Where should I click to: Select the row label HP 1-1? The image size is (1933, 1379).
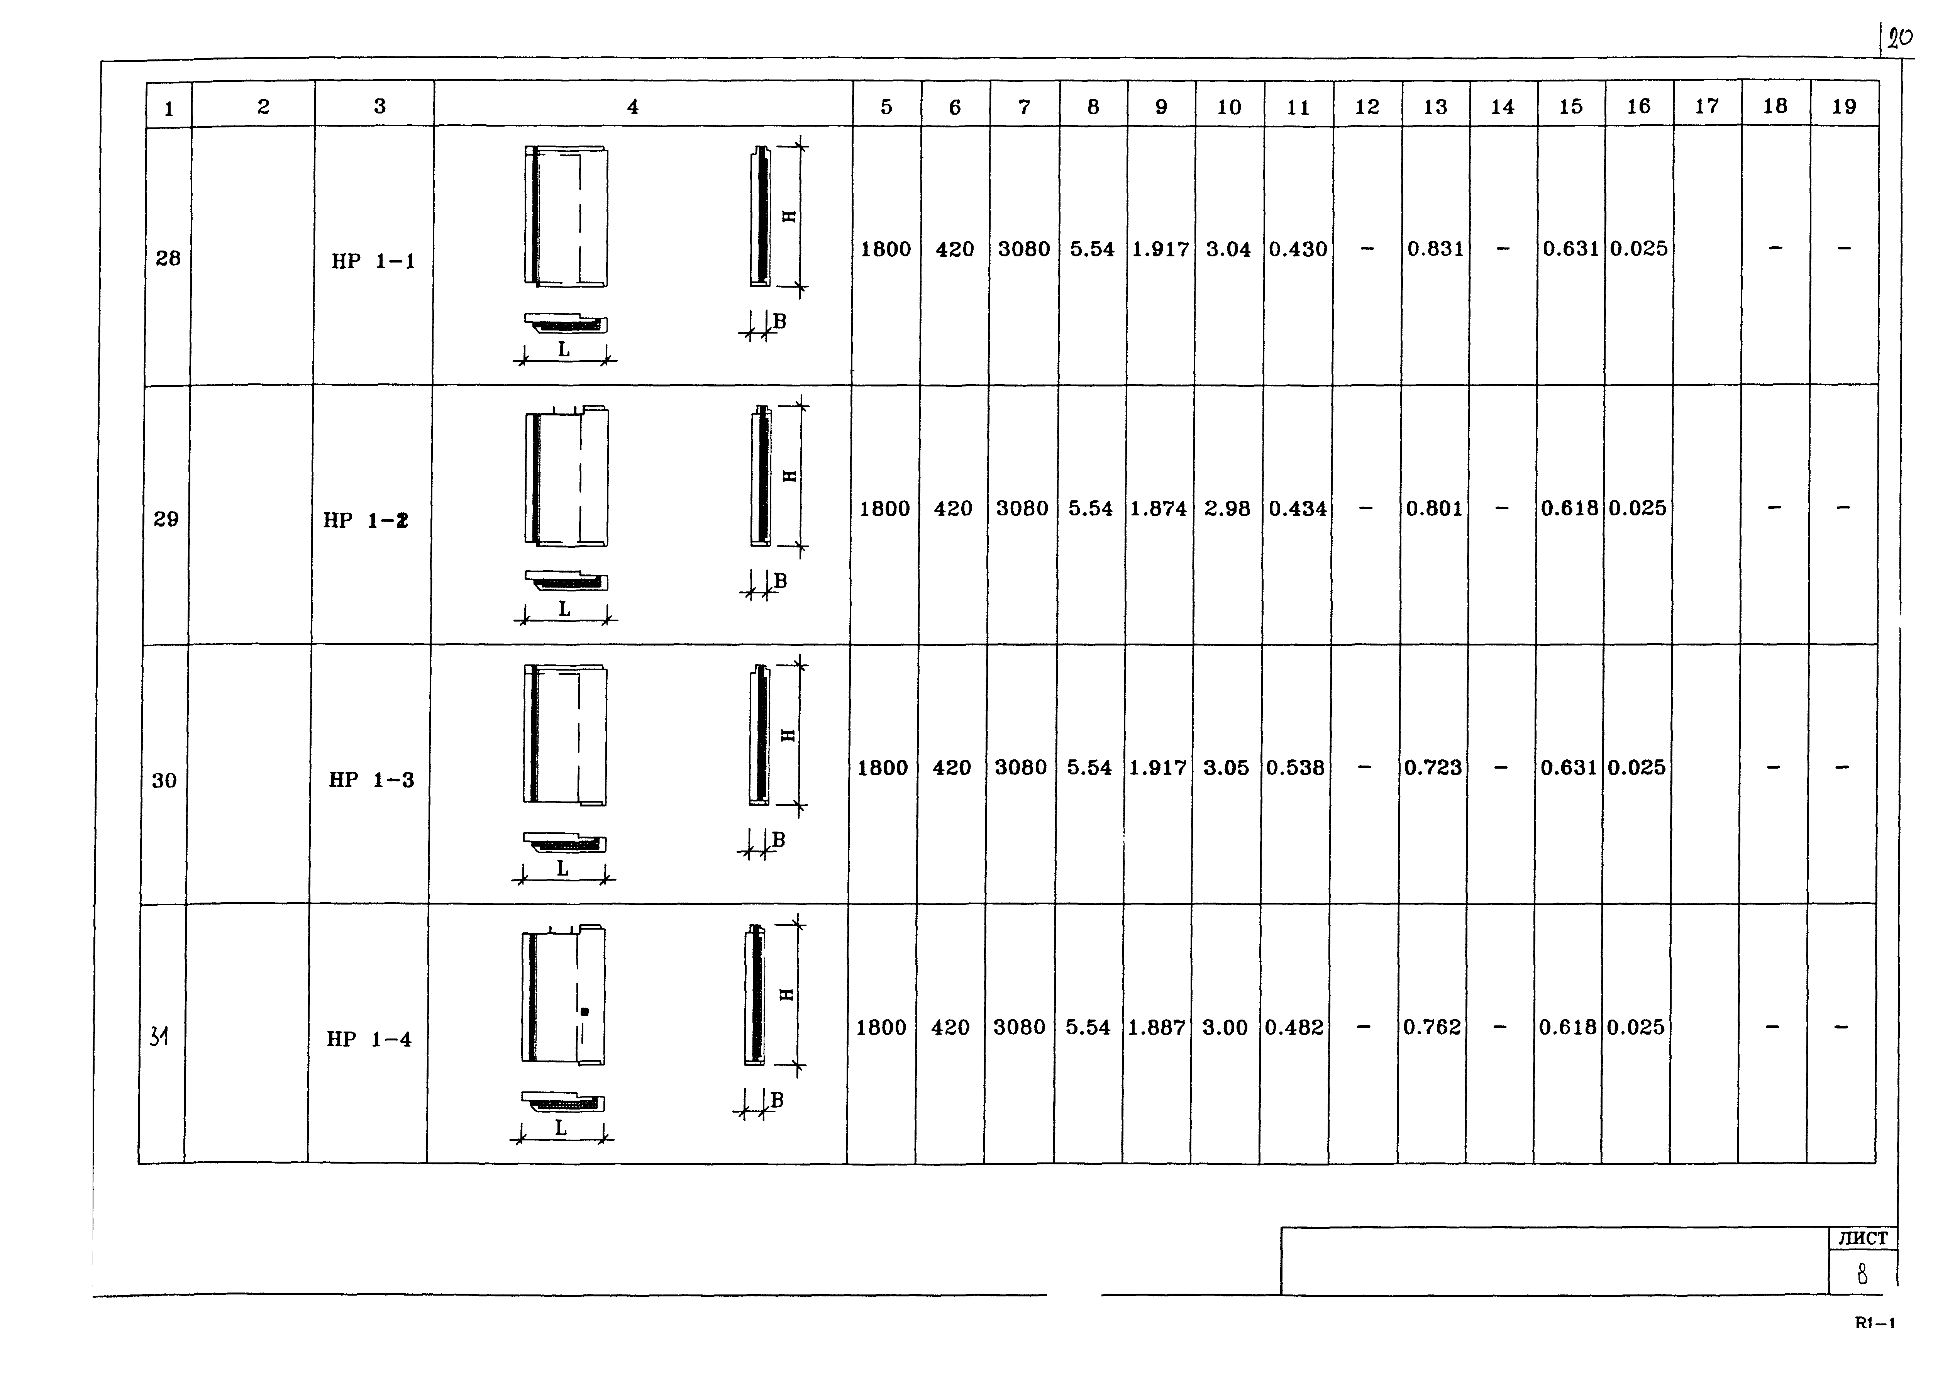(374, 261)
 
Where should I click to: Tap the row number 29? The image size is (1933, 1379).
(166, 519)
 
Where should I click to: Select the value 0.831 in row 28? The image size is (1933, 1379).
(1435, 249)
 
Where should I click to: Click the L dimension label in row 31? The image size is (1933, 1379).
(560, 1128)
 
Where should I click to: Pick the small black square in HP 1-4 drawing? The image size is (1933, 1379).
(584, 1011)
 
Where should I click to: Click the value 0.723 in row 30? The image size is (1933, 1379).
(1433, 767)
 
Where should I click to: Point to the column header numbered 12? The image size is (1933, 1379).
(1367, 107)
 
